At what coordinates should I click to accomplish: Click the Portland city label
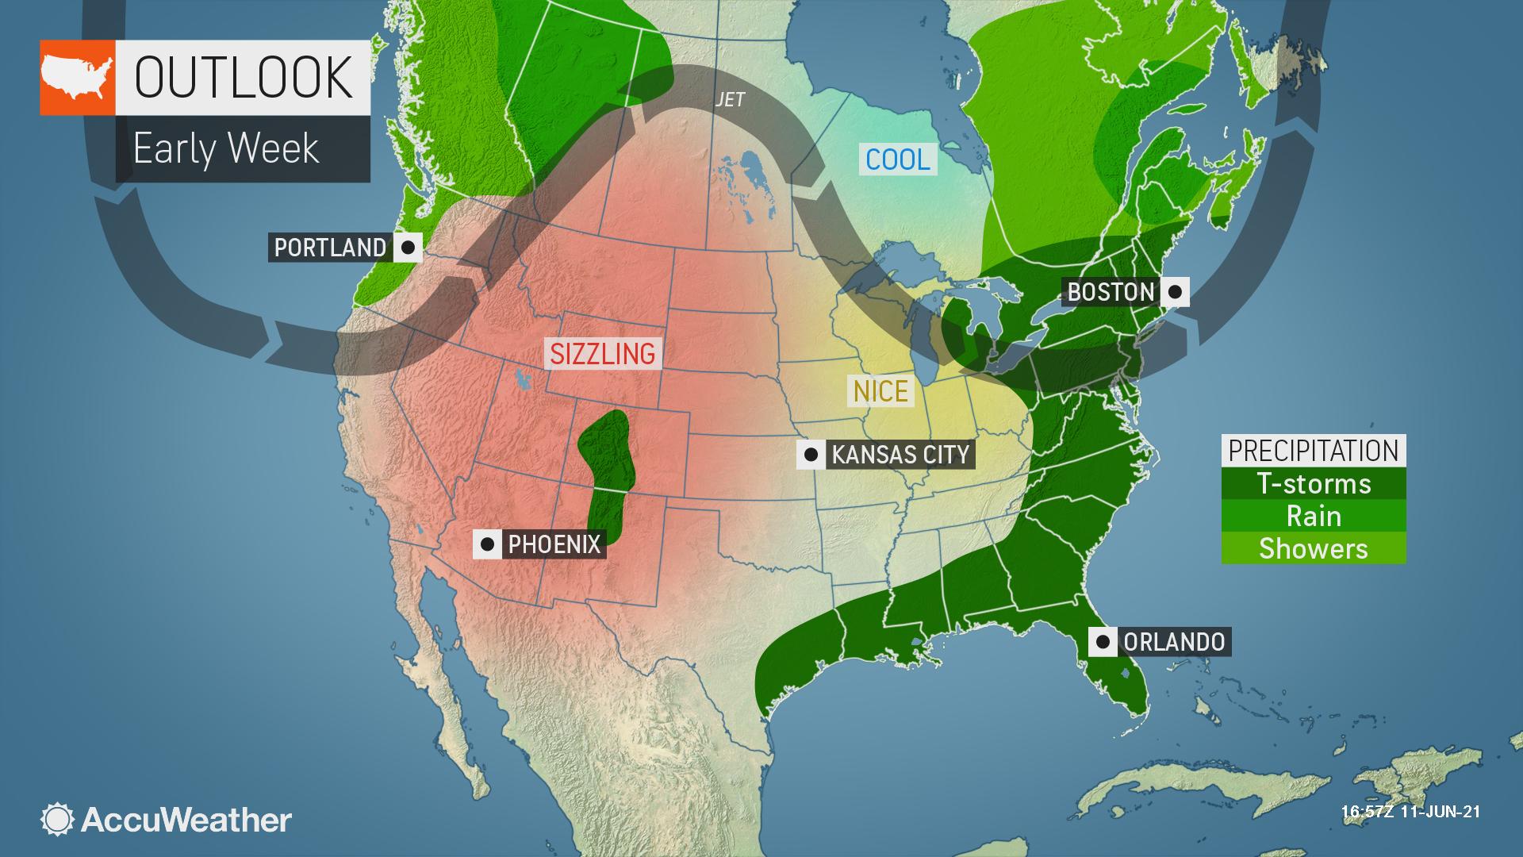tap(329, 248)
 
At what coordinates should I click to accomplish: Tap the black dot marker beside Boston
tap(1175, 291)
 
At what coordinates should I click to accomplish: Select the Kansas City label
tap(900, 455)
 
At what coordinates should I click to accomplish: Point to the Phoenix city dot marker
tap(487, 544)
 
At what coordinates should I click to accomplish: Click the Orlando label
tap(1174, 641)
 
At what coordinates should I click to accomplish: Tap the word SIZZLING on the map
tap(603, 353)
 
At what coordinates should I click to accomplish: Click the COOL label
tap(898, 159)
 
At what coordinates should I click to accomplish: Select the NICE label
tap(880, 390)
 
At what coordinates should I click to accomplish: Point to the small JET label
tap(730, 99)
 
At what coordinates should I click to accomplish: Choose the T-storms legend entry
tap(1314, 483)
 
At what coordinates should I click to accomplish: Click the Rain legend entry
tap(1314, 516)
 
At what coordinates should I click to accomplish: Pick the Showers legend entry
tap(1314, 548)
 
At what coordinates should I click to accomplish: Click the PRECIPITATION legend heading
tap(1314, 450)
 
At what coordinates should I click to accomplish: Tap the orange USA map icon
tap(78, 78)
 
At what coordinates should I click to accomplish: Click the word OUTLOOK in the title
tap(243, 77)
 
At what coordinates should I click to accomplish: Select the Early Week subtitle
tap(226, 148)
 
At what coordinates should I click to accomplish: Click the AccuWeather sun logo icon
tap(57, 820)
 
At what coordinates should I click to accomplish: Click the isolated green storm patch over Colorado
tap(606, 476)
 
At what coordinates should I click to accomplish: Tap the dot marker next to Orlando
tap(1103, 641)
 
